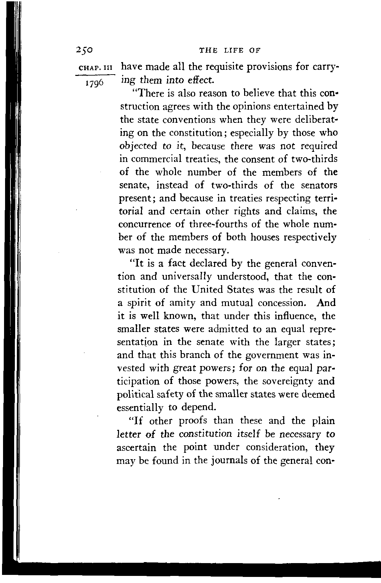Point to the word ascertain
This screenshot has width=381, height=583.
pyautogui.click(x=137, y=448)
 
